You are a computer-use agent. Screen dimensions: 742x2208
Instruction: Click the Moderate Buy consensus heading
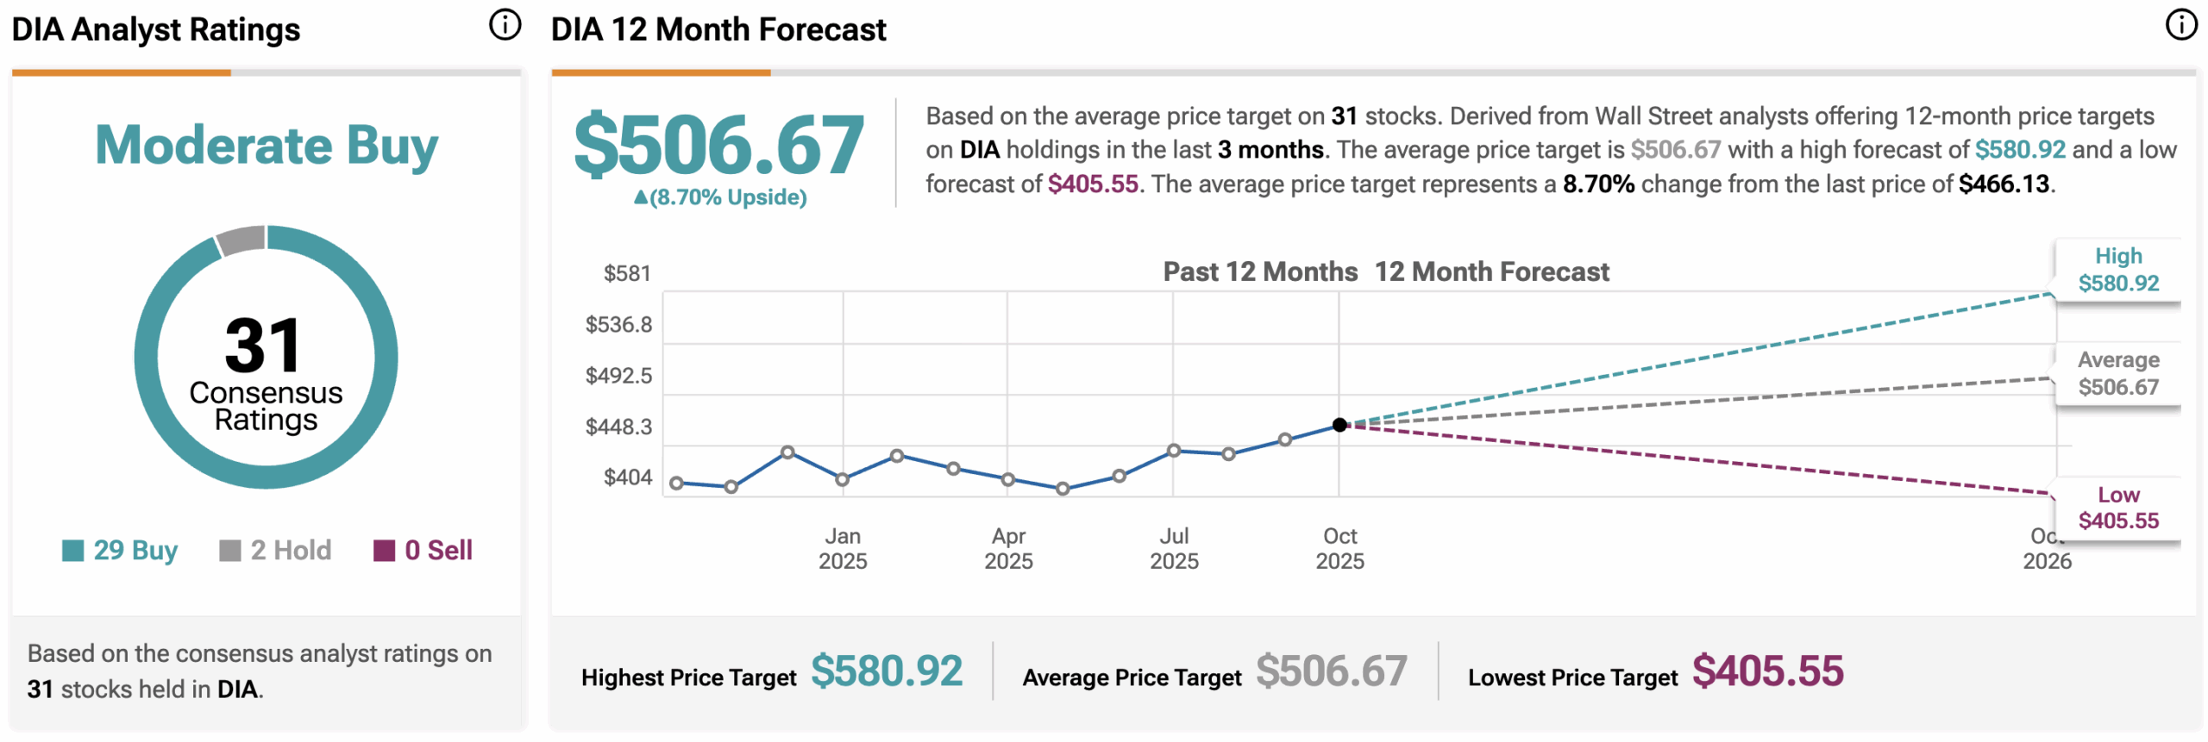(266, 145)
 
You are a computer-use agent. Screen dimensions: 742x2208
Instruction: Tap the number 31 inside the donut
(263, 346)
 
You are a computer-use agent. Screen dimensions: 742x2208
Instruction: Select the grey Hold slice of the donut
(241, 240)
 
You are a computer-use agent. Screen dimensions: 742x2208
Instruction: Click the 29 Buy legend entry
(120, 550)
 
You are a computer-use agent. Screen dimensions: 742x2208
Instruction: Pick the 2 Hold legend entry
(275, 550)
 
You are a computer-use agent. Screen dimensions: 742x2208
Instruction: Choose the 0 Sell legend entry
(423, 550)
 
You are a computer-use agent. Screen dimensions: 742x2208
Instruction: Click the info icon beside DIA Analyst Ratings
(505, 25)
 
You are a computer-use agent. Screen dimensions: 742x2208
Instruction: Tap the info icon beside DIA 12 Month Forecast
(2181, 25)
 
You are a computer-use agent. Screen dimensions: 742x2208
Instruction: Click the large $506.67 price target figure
(718, 145)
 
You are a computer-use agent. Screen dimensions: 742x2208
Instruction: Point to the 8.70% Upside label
(720, 197)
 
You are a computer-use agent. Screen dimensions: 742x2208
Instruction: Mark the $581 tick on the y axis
(627, 274)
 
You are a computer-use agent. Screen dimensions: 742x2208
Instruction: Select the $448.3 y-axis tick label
(618, 427)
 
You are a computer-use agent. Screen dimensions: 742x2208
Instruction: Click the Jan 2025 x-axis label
(843, 548)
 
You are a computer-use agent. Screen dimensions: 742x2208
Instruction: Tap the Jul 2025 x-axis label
(1174, 548)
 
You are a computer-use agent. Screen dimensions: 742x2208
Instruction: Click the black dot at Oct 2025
(1339, 425)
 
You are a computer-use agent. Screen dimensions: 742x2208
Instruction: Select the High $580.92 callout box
(2118, 270)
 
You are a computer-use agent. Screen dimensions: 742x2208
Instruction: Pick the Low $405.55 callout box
(2118, 508)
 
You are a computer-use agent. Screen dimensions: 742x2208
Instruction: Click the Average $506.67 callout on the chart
(2118, 373)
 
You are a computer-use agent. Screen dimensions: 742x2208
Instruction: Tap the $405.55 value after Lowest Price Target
(1767, 671)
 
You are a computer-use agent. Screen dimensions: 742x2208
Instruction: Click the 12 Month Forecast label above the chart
(1491, 272)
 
